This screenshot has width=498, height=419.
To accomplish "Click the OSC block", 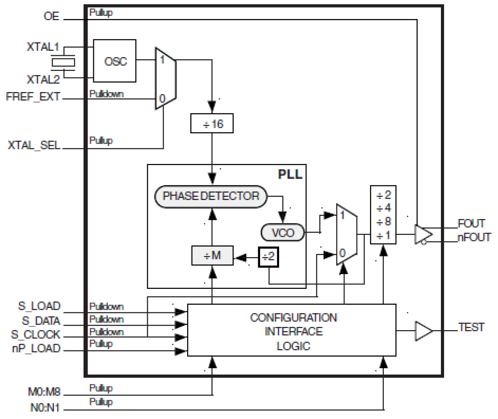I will (115, 61).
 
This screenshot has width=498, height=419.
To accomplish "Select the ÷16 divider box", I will (212, 124).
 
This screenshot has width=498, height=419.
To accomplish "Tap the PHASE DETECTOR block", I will (211, 196).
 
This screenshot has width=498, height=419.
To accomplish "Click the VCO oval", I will (283, 233).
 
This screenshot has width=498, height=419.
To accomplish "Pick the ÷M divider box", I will (212, 256).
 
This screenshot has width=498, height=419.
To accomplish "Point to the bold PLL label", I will (290, 174).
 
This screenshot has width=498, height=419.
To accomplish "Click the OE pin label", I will (52, 16).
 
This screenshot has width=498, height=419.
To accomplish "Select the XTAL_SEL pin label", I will (34, 145).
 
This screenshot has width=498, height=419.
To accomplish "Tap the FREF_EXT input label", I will (33, 97).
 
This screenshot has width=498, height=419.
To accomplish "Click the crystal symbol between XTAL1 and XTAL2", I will (63, 62).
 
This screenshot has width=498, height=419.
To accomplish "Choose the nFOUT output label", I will (474, 237).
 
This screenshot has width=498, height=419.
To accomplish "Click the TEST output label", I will (471, 327).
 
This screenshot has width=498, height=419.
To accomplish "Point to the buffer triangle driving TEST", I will (423, 331).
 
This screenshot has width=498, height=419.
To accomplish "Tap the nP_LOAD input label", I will (36, 348).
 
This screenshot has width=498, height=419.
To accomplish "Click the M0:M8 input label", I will (44, 392).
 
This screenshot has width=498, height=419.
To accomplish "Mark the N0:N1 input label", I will (45, 407).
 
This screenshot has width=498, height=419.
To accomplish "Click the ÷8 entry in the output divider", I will (383, 221).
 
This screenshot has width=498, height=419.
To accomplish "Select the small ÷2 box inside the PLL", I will (268, 257).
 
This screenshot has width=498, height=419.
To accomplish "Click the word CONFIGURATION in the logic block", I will (293, 317).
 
